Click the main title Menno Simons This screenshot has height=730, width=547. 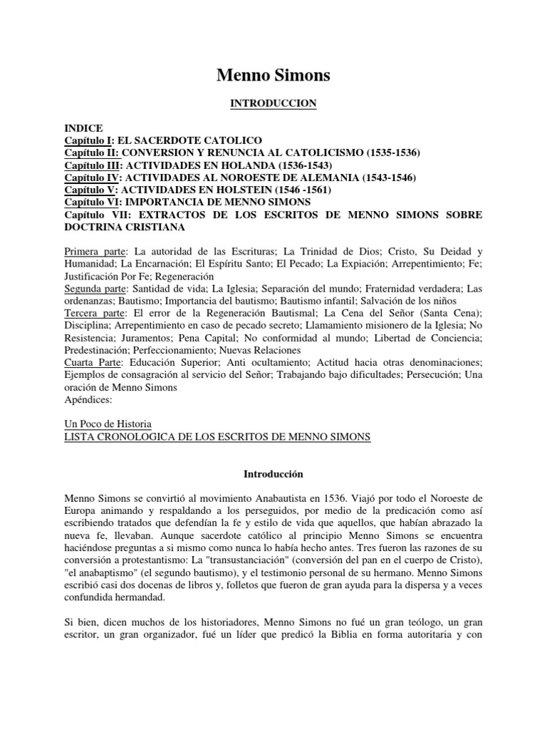pos(273,75)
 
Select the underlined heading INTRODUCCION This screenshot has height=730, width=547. pos(273,104)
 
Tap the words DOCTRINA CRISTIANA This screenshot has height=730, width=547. pos(125,227)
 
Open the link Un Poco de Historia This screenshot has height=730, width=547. pos(108,424)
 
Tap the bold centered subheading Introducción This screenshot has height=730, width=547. pos(273,473)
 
